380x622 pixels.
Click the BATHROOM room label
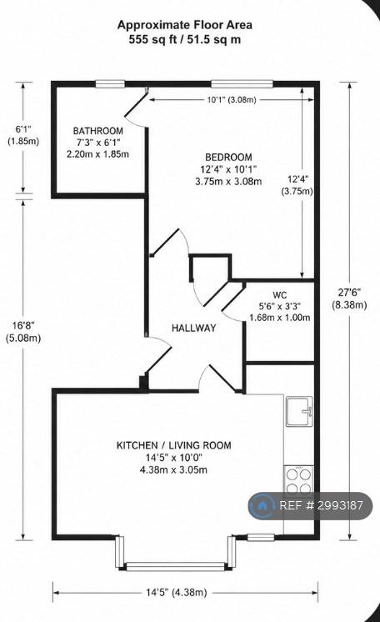tap(98, 131)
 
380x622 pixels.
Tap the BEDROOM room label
tap(228, 157)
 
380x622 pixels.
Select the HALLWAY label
tap(194, 328)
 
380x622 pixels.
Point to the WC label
tap(280, 295)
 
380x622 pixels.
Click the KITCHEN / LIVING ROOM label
tap(173, 445)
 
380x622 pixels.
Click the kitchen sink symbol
tap(300, 411)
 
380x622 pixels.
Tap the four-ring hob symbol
tap(299, 482)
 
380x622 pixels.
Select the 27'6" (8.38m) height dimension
tap(349, 298)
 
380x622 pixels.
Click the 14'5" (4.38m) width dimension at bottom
tap(176, 593)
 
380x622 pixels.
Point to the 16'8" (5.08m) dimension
tap(23, 332)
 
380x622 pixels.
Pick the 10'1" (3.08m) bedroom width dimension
tap(232, 99)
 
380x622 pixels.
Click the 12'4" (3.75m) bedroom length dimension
tap(297, 185)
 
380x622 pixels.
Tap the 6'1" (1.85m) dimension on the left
tap(23, 135)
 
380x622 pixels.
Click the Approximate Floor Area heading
tap(185, 25)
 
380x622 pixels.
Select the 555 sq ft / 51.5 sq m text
tap(185, 40)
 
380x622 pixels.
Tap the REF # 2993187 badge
tap(310, 505)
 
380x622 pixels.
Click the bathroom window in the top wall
tap(110, 83)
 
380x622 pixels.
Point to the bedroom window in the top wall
tap(242, 83)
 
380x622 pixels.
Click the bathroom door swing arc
tap(135, 122)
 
